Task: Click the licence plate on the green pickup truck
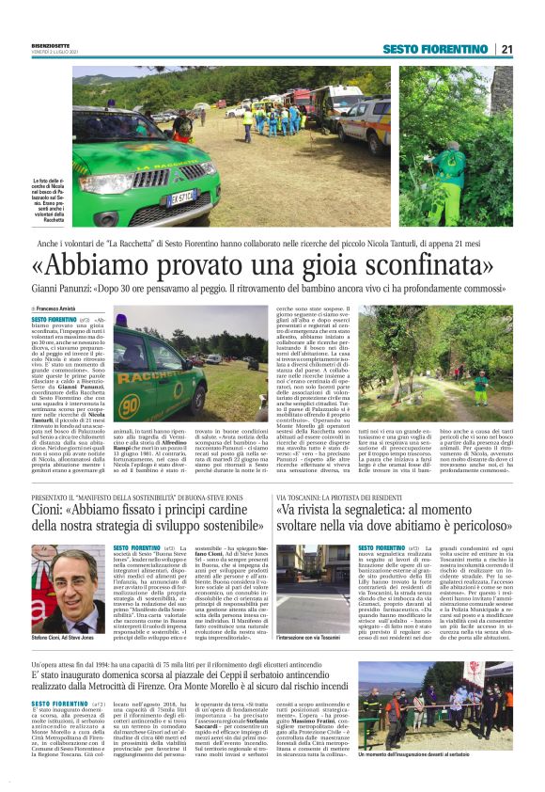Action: coord(182,197)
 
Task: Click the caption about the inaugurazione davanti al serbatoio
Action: coord(445,753)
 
